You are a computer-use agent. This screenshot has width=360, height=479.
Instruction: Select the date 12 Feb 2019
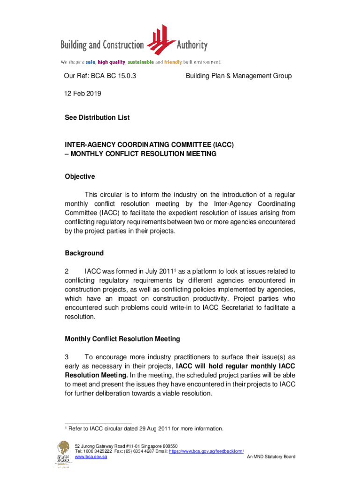click(x=83, y=94)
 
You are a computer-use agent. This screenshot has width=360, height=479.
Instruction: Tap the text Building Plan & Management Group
click(x=238, y=76)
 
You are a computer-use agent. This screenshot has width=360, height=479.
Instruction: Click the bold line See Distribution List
click(x=97, y=117)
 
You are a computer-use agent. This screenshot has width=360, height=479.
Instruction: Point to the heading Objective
click(x=80, y=176)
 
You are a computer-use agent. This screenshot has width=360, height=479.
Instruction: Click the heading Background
click(x=84, y=253)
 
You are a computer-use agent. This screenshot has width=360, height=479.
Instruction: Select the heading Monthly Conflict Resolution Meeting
click(x=122, y=339)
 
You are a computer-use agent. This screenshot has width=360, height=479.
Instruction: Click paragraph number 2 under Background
click(x=67, y=271)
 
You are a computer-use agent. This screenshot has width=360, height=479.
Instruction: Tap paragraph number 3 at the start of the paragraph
click(x=67, y=357)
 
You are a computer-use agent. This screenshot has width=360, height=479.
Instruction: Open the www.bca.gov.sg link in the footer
click(x=91, y=457)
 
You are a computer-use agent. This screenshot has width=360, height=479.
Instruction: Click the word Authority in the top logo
click(x=192, y=45)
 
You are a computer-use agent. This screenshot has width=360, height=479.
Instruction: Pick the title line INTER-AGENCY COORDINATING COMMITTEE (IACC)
click(x=149, y=145)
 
